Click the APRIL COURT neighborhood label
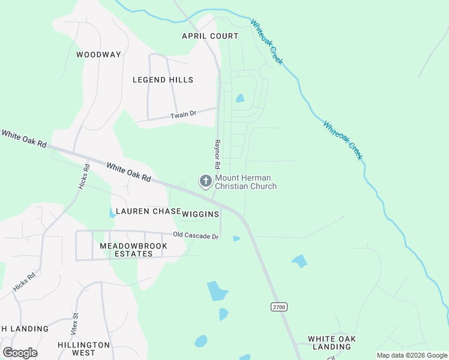210,36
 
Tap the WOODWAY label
98,55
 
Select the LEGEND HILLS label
163,80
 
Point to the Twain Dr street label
183,114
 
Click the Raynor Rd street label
217,155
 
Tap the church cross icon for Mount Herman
205,181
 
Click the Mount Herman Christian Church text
246,182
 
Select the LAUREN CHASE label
148,211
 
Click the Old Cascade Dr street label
195,236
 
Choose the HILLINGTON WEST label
84,349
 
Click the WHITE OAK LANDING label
331,343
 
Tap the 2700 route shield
279,307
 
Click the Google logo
20,352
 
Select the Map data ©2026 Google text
412,355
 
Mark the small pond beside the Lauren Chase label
112,213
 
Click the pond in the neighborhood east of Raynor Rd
240,98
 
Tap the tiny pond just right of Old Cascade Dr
237,239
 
